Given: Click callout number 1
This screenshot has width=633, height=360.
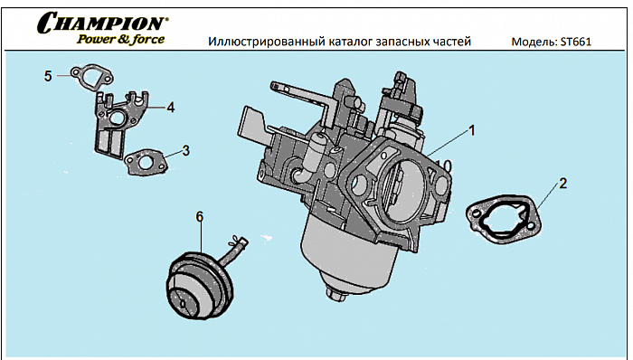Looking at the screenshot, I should click(470, 130).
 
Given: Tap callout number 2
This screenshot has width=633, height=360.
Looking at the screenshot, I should click(562, 184).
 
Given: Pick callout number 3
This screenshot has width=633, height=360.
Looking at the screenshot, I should click(185, 150).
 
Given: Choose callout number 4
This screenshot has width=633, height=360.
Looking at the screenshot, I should click(170, 107).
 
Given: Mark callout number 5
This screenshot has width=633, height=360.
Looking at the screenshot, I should click(48, 76).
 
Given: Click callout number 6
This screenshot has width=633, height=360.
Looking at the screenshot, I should click(200, 216).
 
